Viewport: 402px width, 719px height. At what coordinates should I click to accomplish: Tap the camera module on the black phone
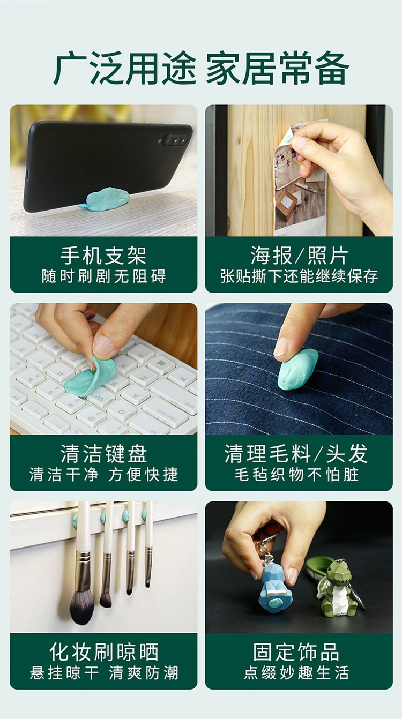tap(175, 140)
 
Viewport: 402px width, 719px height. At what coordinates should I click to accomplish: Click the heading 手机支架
tap(103, 256)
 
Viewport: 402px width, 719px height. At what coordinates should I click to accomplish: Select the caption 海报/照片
tap(299, 256)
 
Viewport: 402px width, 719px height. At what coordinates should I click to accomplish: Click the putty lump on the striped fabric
tap(297, 369)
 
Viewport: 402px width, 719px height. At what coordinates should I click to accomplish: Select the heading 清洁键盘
tap(103, 454)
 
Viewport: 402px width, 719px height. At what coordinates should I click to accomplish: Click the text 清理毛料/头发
tap(296, 454)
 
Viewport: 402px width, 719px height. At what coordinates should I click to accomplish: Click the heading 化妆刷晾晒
tap(103, 652)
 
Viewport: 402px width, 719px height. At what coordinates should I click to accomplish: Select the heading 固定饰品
tap(296, 651)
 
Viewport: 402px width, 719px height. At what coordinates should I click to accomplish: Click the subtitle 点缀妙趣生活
tap(296, 673)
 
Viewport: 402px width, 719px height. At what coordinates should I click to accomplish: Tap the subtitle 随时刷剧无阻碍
tap(103, 276)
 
